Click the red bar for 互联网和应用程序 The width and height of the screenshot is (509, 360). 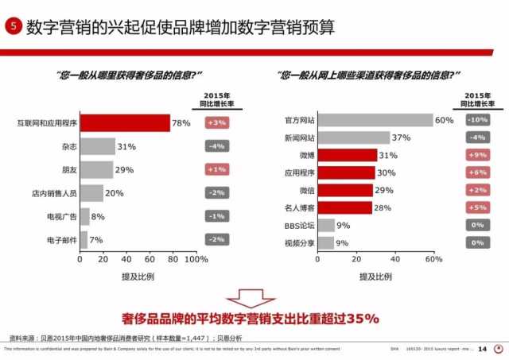pyautogui.click(x=125, y=123)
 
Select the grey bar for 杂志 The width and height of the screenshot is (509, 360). pyautogui.click(x=97, y=146)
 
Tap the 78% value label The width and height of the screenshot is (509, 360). pyautogui.click(x=181, y=123)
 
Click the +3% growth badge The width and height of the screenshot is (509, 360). pyautogui.click(x=217, y=123)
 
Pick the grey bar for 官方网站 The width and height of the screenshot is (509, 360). pyautogui.click(x=375, y=120)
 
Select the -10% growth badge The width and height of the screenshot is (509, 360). pyautogui.click(x=477, y=120)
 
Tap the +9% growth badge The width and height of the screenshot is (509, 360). pyautogui.click(x=477, y=155)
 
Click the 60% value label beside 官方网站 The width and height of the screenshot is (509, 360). pyautogui.click(x=444, y=120)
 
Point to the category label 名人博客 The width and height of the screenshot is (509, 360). pyautogui.click(x=301, y=207)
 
